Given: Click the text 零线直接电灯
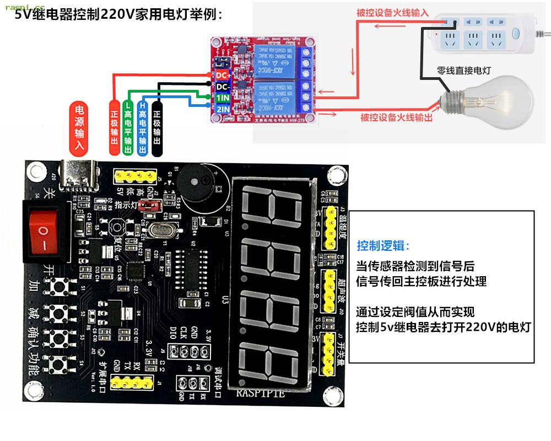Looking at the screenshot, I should (x=463, y=71).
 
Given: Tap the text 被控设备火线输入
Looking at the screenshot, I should (x=392, y=12).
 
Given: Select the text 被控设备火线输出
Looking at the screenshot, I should (x=396, y=117).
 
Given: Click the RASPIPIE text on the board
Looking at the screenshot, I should (x=261, y=393).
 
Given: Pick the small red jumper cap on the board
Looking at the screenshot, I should (x=147, y=206).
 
